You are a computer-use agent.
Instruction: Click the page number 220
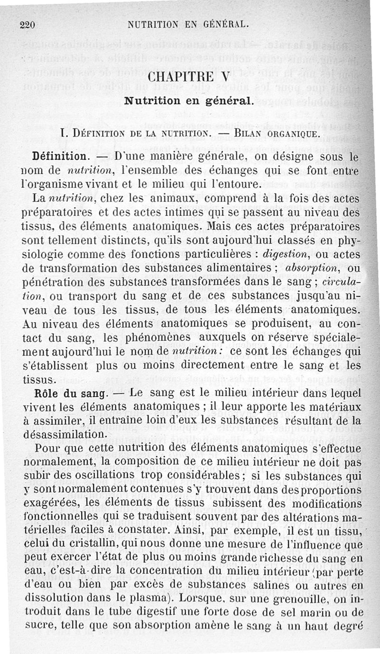tap(29, 25)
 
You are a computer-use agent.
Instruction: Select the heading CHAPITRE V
tap(190, 77)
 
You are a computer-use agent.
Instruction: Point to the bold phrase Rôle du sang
tap(67, 394)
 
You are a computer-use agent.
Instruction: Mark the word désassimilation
tap(68, 434)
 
